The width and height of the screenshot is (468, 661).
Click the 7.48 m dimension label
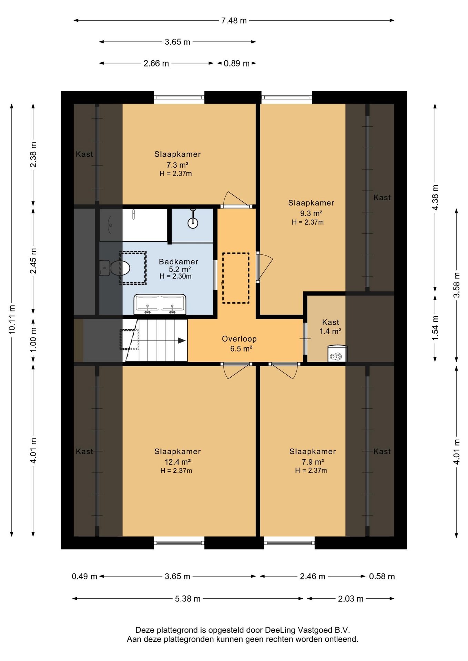pyautogui.click(x=234, y=21)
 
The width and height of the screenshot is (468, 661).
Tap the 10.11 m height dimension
pyautogui.click(x=12, y=319)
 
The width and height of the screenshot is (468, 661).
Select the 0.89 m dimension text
pyautogui.click(x=237, y=63)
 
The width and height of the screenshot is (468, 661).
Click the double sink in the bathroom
pyautogui.click(x=160, y=304)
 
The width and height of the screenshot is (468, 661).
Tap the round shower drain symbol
pyautogui.click(x=193, y=223)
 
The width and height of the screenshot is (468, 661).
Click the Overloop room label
pyautogui.click(x=239, y=339)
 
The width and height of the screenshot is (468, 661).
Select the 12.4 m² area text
pyautogui.click(x=177, y=462)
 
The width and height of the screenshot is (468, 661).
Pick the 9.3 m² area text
pyautogui.click(x=311, y=213)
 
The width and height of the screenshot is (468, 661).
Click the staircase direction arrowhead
pyautogui.click(x=182, y=341)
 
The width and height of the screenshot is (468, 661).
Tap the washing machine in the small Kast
pyautogui.click(x=337, y=354)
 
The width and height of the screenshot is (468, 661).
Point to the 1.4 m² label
pyautogui.click(x=330, y=331)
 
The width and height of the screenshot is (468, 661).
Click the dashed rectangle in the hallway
pyautogui.click(x=236, y=278)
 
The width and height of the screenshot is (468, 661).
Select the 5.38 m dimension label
pyautogui.click(x=188, y=599)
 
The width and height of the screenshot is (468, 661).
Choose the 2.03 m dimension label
pyautogui.click(x=350, y=599)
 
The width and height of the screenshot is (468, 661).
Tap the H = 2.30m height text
pyautogui.click(x=175, y=276)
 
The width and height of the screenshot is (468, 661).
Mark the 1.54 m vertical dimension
pyautogui.click(x=435, y=328)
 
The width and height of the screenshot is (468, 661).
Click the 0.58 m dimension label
pyautogui.click(x=382, y=576)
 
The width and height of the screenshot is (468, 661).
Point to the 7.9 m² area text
pyautogui.click(x=313, y=462)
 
